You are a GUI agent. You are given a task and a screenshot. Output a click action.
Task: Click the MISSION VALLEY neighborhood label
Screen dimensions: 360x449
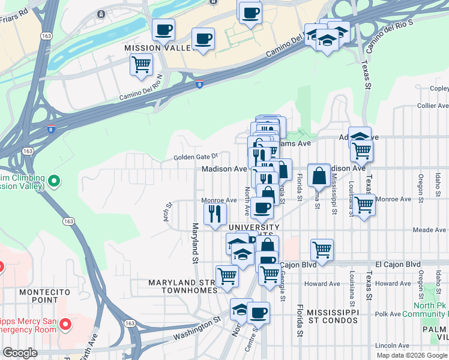pos(151,48)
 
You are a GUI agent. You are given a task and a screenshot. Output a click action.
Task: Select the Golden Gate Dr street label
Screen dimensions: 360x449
pos(194,158)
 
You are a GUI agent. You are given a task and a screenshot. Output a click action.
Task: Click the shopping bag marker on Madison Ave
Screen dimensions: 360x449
pos(319,175)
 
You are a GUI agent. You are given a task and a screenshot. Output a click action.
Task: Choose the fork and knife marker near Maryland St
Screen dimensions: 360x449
pos(215,214)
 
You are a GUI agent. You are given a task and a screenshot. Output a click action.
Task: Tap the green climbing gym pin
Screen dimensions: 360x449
pos(53,180)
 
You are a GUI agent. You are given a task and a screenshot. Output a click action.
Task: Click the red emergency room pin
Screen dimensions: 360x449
pos(65,325)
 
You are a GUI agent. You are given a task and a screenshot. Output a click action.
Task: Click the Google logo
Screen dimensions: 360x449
pos(20,353)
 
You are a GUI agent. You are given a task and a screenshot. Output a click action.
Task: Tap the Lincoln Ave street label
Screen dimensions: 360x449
pos(391,346)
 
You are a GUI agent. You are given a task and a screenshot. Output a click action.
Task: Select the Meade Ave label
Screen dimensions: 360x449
pos(430,230)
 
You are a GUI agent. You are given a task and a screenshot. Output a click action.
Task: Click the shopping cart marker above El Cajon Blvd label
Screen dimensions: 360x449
pos(322,250)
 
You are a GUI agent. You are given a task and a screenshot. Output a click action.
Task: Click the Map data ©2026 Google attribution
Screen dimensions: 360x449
pos(412,355)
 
